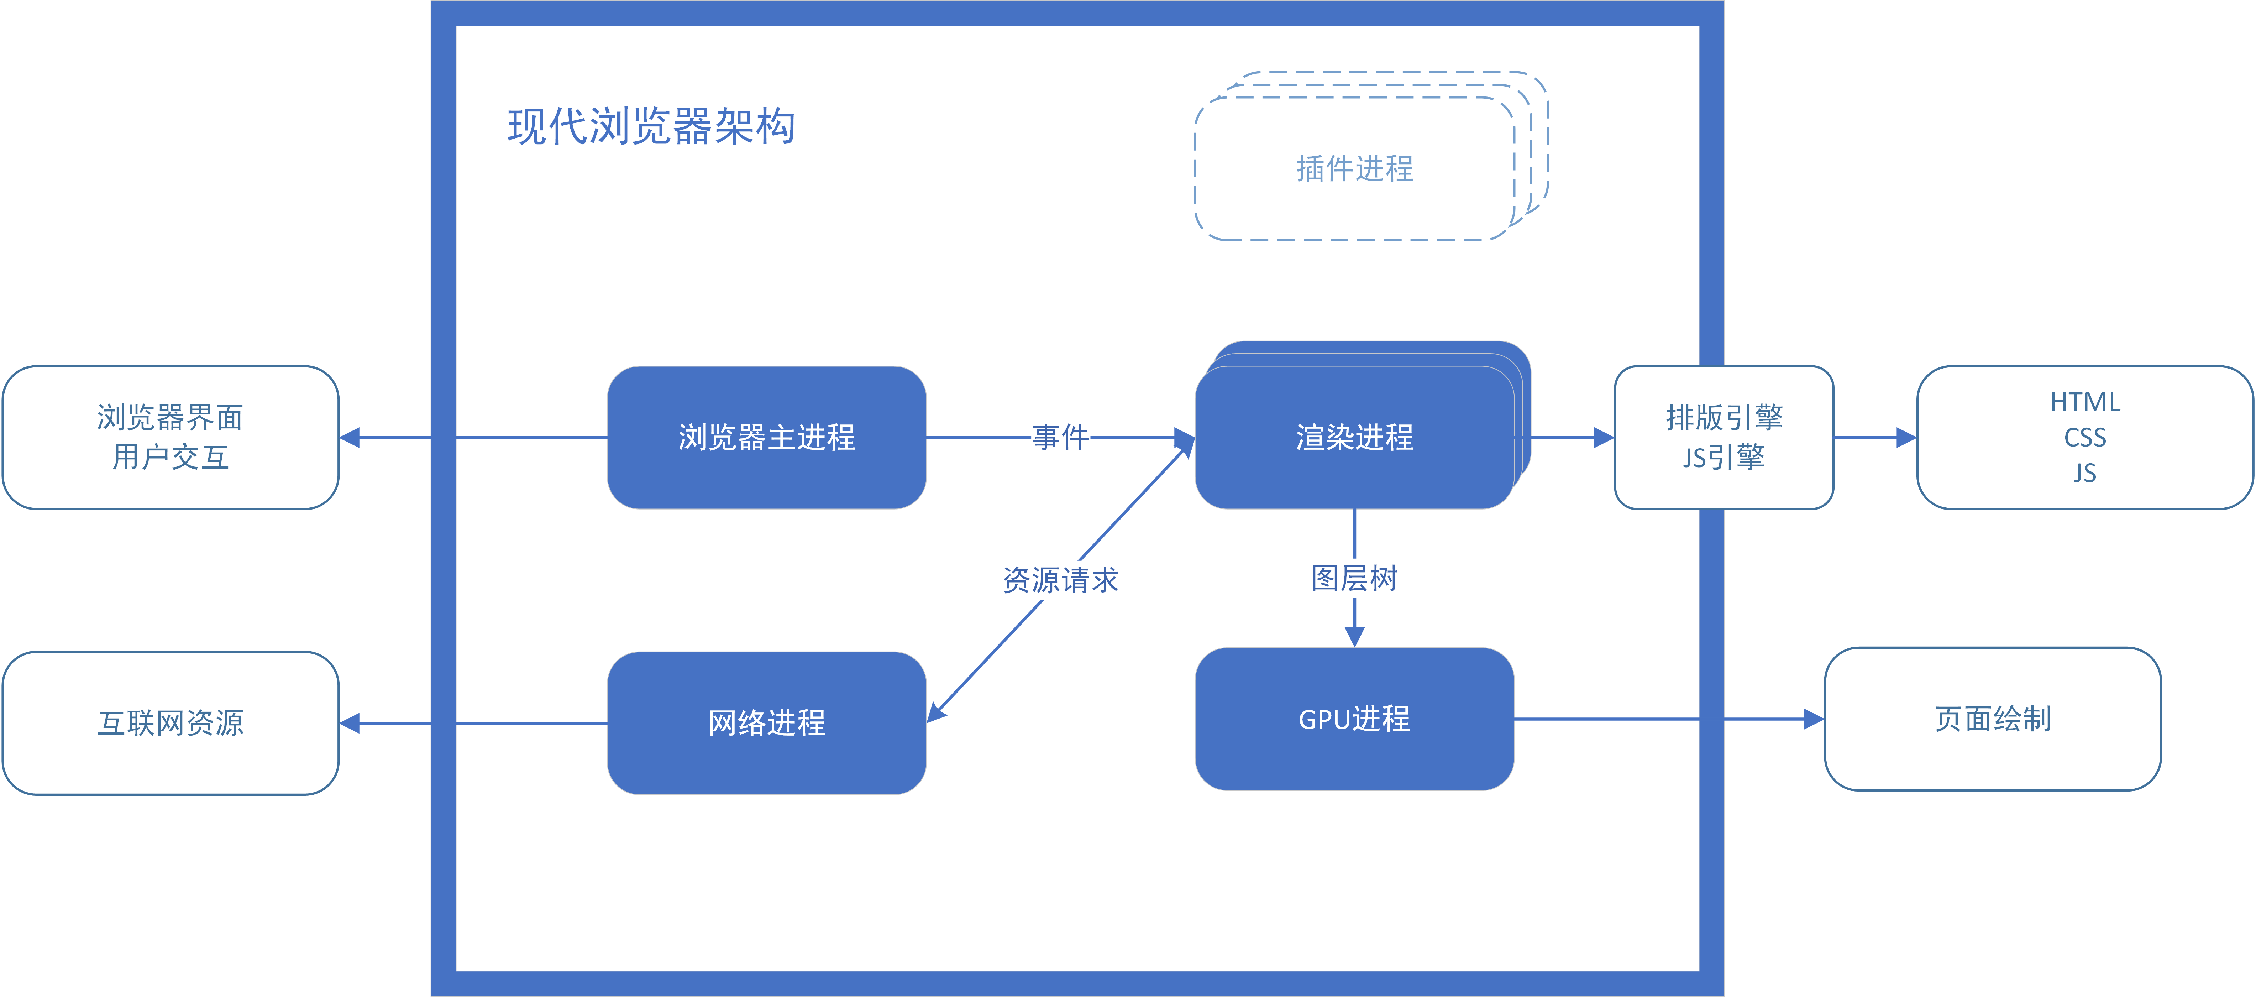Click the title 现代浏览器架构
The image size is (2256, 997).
[651, 127]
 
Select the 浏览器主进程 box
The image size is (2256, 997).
[766, 437]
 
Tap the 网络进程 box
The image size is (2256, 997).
[766, 723]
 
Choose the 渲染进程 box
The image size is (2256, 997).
[1354, 437]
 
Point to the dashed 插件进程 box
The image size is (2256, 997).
[1354, 168]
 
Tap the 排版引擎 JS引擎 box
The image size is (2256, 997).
[1724, 437]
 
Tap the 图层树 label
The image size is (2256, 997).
[1354, 578]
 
